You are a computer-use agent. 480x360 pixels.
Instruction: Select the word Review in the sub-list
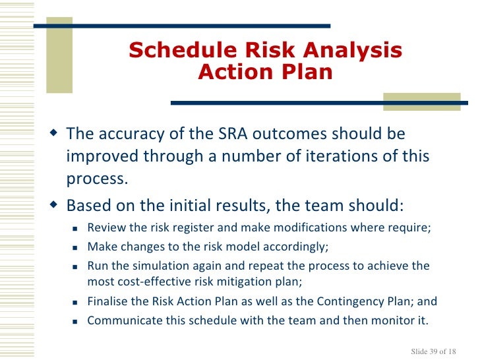[104, 228]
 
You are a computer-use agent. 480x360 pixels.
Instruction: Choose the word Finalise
[109, 302]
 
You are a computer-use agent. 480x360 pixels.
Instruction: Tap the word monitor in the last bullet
[396, 321]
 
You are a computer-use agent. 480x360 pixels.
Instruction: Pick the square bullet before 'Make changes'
[75, 248]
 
